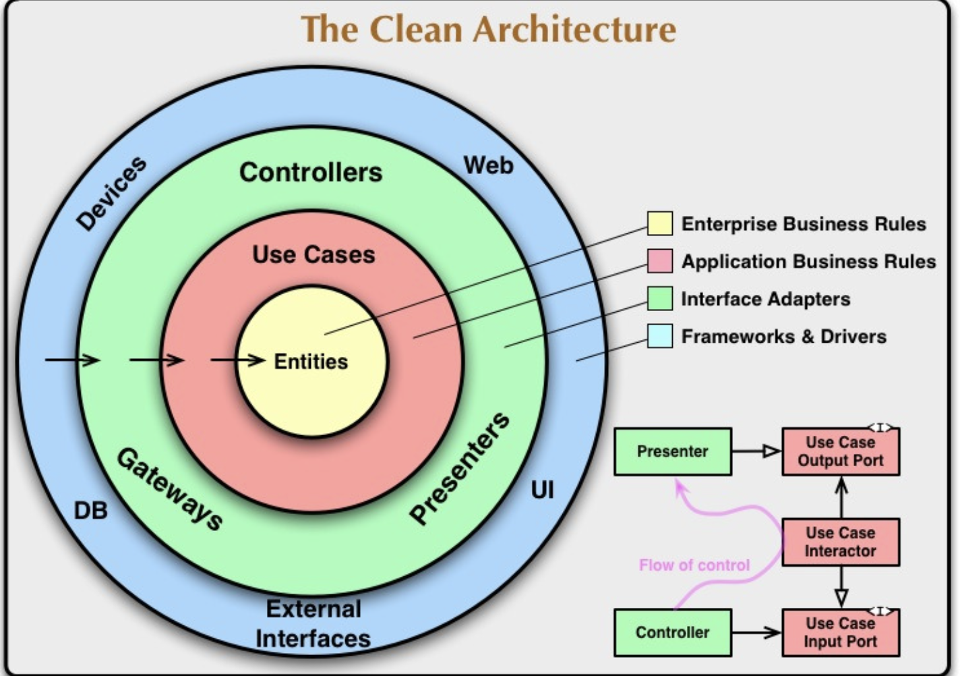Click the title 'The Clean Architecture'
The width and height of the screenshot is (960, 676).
(488, 30)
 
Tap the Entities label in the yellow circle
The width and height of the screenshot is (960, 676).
(311, 362)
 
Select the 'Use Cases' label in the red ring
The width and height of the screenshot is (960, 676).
(313, 254)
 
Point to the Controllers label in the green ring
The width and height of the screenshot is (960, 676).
(311, 172)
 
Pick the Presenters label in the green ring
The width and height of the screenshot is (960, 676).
(460, 468)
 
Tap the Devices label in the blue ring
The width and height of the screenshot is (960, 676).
(111, 194)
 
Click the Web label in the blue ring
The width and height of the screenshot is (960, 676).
(488, 165)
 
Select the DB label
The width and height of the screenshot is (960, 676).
(90, 511)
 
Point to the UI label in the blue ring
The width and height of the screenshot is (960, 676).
(542, 490)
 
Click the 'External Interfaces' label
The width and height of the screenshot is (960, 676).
(313, 623)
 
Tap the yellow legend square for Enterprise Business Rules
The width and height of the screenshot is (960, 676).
(659, 223)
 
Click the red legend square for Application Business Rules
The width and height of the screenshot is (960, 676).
(659, 261)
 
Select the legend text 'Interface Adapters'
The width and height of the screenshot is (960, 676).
(765, 299)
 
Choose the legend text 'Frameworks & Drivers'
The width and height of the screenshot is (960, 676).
(783, 336)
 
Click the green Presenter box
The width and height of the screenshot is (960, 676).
(672, 451)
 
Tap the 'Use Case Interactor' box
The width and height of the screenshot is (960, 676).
(840, 542)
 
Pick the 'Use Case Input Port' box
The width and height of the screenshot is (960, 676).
(840, 632)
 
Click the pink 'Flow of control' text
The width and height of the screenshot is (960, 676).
(694, 565)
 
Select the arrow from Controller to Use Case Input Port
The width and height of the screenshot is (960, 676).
(756, 632)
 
